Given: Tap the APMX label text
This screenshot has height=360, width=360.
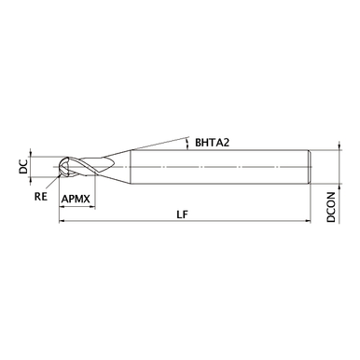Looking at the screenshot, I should click(x=76, y=199).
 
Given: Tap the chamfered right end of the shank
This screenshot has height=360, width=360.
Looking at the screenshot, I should click(x=310, y=166).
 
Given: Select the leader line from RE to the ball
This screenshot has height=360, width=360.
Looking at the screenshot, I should click(x=54, y=187).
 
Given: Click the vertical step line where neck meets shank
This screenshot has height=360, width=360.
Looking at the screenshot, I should click(x=132, y=166).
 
